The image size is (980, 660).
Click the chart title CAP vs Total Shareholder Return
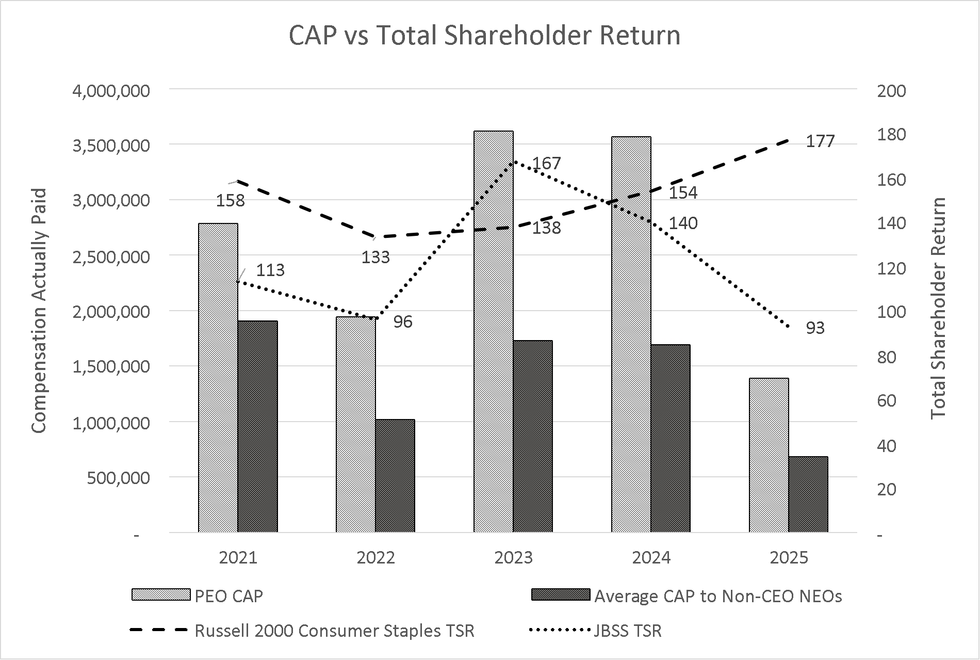[484, 36]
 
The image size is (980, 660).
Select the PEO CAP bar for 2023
[494, 330]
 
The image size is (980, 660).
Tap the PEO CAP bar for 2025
[769, 454]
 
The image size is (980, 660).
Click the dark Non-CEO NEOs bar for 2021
[258, 426]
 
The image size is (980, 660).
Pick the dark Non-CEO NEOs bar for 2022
[395, 475]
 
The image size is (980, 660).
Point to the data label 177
[820, 141]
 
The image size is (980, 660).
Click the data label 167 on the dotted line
[546, 163]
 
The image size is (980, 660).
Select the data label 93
[815, 328]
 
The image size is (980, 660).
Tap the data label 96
[403, 321]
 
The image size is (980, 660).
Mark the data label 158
[230, 200]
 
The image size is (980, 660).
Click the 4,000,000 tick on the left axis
[111, 91]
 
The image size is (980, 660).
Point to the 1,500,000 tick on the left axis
[111, 367]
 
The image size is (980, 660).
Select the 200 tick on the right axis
[891, 91]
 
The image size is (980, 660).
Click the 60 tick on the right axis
[886, 400]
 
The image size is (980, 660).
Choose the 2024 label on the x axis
[651, 558]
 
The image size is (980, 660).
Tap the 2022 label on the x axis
[375, 558]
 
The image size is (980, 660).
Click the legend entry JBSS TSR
[627, 631]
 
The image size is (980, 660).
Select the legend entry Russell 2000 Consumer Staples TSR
[334, 631]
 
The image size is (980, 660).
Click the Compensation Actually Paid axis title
[39, 311]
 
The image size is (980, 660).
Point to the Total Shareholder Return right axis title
[939, 308]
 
